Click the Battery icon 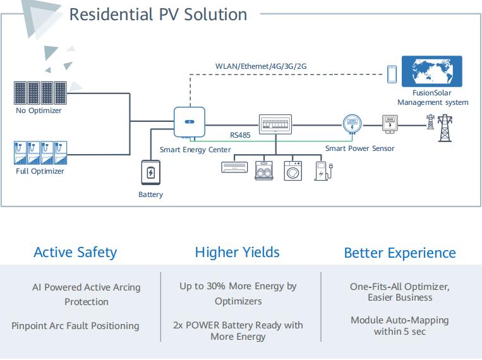pyautogui.click(x=150, y=172)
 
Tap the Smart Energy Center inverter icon pyautogui.click(x=189, y=121)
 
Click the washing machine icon pyautogui.click(x=293, y=171)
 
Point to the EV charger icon pyautogui.click(x=323, y=171)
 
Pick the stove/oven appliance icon pyautogui.click(x=263, y=171)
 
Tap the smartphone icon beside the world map pyautogui.click(x=392, y=73)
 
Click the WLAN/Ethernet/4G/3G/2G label pyautogui.click(x=261, y=66)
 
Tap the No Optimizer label pyautogui.click(x=39, y=111)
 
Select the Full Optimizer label pyautogui.click(x=40, y=171)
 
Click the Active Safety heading pyautogui.click(x=75, y=253)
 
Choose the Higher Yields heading pyautogui.click(x=237, y=253)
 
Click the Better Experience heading pyautogui.click(x=399, y=253)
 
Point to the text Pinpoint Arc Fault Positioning pyautogui.click(x=75, y=326)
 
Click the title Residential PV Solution pyautogui.click(x=158, y=14)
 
